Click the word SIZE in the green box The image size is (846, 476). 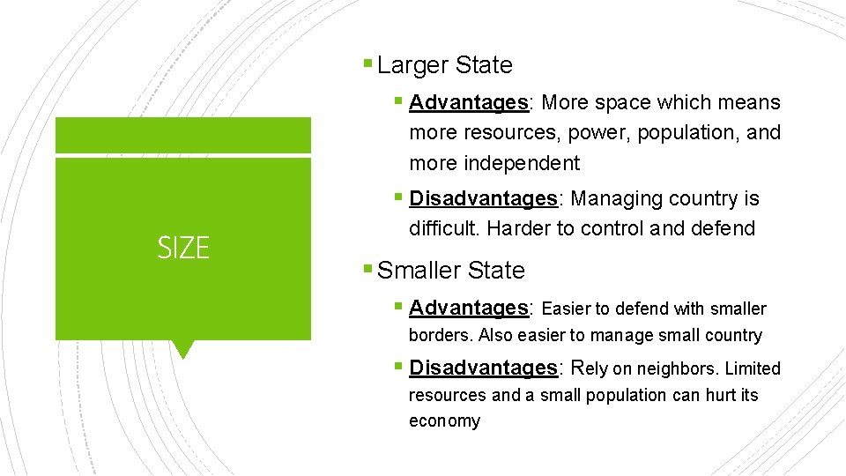(183, 249)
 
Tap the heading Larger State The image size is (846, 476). (444, 65)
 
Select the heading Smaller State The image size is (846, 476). (450, 271)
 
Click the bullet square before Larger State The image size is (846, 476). (367, 64)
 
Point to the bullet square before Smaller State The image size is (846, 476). (367, 270)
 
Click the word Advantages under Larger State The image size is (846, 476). (468, 102)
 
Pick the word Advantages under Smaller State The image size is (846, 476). (468, 308)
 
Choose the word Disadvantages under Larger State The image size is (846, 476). (483, 199)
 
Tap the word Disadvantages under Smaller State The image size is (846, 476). (483, 368)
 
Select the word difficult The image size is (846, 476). (443, 228)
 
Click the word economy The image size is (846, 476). (444, 421)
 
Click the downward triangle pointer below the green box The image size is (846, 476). (182, 349)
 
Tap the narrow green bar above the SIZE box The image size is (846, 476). (182, 136)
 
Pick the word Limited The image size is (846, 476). (753, 368)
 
